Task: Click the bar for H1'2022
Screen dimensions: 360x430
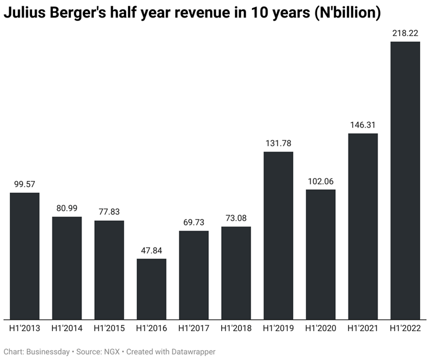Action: (405, 180)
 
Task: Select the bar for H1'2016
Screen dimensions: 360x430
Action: (151, 288)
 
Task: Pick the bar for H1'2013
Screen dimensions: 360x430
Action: (24, 256)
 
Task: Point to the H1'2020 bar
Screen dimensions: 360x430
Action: (321, 254)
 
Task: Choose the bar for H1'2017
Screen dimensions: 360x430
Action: (194, 274)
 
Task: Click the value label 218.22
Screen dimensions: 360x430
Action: (405, 33)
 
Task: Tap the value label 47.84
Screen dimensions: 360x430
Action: (151, 250)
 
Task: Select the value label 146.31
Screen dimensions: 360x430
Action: (363, 125)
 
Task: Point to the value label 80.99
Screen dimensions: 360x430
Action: (67, 208)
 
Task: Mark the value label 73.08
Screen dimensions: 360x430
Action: (236, 218)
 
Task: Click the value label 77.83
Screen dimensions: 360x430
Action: (109, 211)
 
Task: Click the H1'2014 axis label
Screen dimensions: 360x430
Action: (67, 329)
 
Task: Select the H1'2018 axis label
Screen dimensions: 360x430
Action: (236, 329)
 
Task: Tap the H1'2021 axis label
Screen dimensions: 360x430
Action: (363, 329)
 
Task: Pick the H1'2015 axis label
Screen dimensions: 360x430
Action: (109, 329)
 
